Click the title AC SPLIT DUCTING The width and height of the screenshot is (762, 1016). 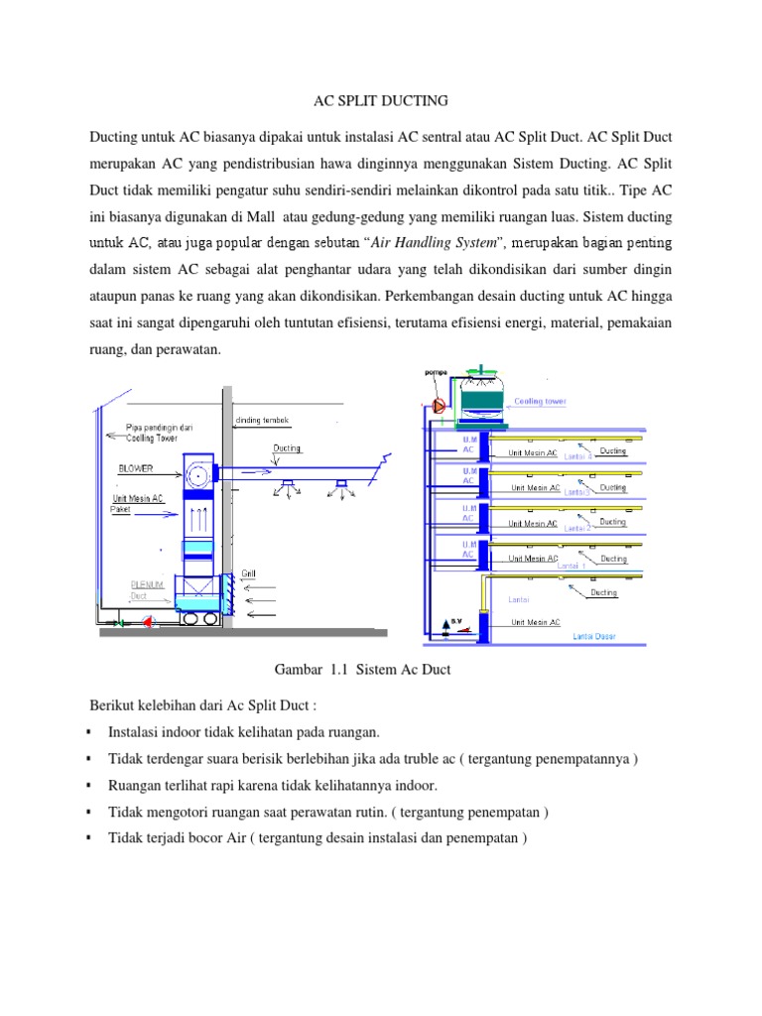click(381, 100)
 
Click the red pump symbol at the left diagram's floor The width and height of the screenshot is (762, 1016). click(149, 622)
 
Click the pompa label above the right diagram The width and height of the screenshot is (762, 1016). click(436, 372)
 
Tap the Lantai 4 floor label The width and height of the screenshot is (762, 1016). click(577, 456)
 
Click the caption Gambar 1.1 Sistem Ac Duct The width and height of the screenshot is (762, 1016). click(354, 670)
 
